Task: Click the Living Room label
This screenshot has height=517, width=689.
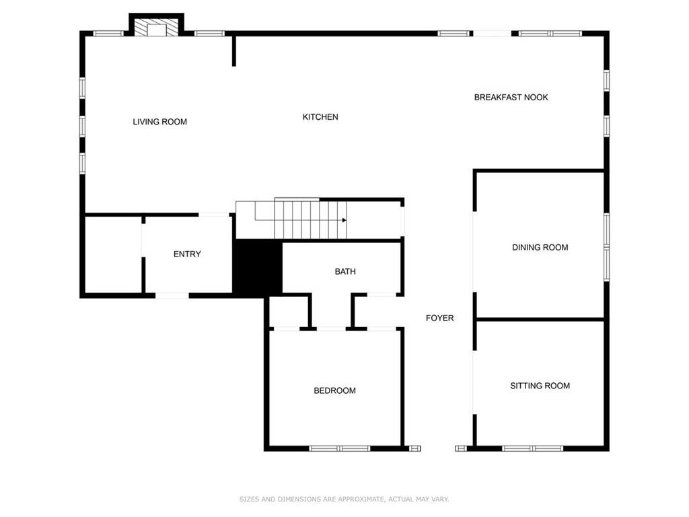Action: [160, 122]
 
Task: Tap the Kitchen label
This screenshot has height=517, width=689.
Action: [320, 117]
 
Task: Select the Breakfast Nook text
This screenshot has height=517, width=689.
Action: [511, 97]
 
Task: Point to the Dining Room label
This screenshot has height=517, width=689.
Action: [540, 248]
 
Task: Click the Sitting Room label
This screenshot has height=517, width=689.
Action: [540, 386]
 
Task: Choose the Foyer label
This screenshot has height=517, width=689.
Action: [440, 318]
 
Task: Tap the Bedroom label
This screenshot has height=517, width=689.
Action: [335, 390]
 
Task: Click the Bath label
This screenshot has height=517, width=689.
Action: [345, 272]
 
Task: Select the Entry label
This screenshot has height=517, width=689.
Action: [187, 254]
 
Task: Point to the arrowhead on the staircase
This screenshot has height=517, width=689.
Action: [344, 220]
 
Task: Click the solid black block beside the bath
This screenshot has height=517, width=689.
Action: [257, 268]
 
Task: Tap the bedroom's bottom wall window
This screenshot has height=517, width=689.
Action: [340, 448]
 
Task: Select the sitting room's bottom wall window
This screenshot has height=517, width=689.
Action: [533, 448]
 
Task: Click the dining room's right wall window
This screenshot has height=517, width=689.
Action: [606, 247]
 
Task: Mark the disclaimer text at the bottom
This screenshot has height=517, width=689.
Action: [344, 499]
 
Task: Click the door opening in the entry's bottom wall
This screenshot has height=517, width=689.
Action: [172, 296]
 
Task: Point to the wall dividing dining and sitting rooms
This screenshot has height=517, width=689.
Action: [540, 319]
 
